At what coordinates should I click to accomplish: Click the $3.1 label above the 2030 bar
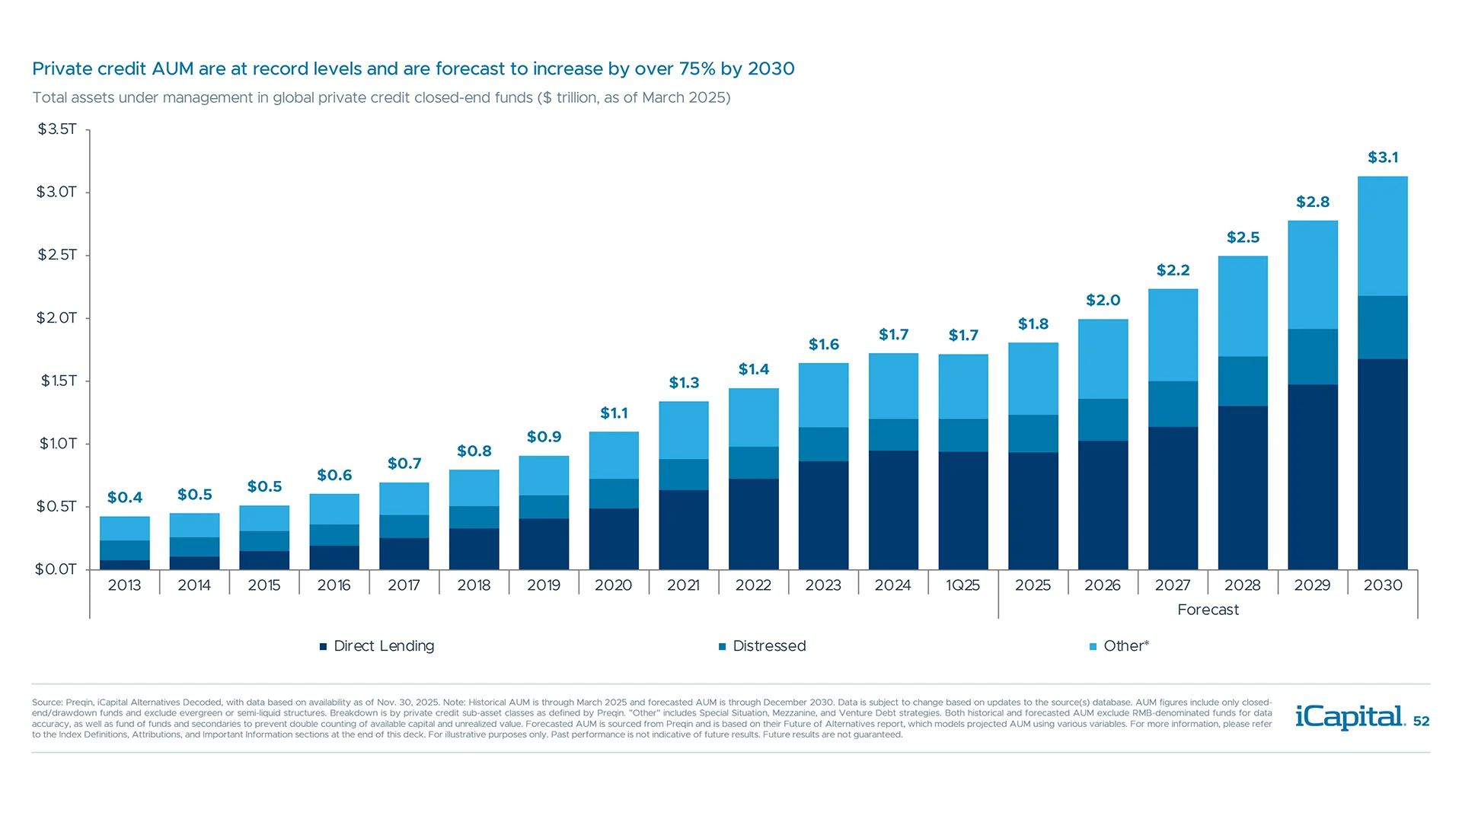(1383, 158)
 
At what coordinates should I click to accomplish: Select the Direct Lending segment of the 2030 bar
(1382, 464)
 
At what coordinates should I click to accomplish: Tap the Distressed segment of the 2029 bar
(1312, 356)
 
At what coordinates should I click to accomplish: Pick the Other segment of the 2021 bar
(683, 430)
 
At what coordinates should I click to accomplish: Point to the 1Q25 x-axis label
(962, 585)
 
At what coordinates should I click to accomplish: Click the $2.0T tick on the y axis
(57, 317)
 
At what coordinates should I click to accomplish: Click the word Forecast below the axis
(1208, 610)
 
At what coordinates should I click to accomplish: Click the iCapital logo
(1349, 717)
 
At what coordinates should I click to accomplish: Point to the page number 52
(1421, 722)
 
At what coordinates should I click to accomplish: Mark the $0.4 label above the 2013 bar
(125, 498)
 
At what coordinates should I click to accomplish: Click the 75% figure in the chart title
(697, 69)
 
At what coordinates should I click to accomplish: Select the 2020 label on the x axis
(613, 585)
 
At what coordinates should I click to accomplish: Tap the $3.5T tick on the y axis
(57, 129)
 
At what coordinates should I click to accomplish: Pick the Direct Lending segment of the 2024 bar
(893, 510)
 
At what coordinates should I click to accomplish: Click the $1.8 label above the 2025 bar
(1033, 324)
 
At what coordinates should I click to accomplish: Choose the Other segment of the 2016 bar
(334, 509)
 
